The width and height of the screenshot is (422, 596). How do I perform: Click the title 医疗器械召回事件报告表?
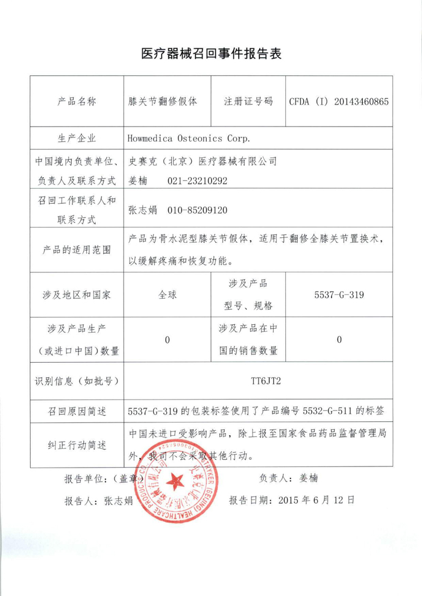click(211, 54)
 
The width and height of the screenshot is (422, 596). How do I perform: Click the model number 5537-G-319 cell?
click(339, 295)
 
